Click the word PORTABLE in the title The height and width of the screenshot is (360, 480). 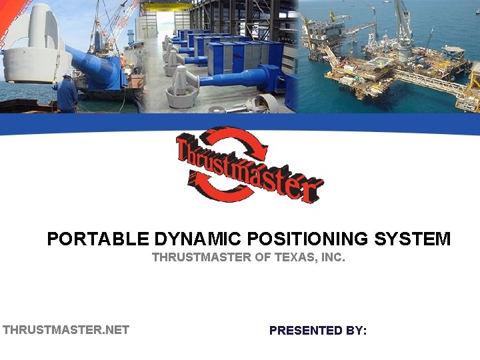coord(98,239)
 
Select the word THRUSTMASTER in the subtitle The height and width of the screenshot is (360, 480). coord(201,257)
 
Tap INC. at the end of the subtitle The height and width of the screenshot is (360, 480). coord(333,257)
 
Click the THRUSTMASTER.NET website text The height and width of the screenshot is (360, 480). coord(66,329)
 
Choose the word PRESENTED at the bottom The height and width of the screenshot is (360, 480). coord(307,330)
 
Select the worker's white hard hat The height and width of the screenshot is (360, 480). coord(67,77)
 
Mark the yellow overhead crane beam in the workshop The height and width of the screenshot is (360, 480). coord(167,7)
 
